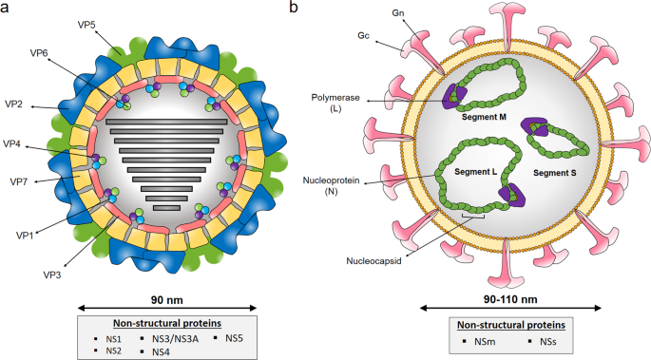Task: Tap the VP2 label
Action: [x=15, y=103]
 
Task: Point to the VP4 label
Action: [x=15, y=145]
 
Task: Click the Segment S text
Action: [x=561, y=173]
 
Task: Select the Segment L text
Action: [x=474, y=171]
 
